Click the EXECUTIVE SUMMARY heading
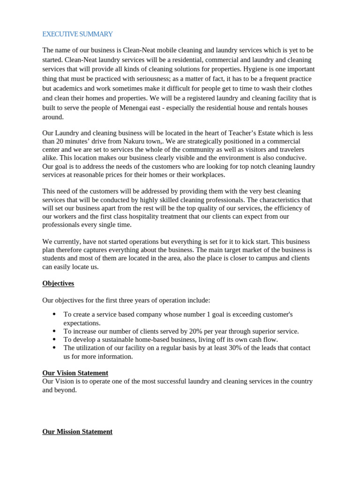point(77,34)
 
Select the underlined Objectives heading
point(58,283)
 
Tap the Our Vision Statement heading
point(75,373)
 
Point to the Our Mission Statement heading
point(77,431)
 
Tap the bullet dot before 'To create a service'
point(54,314)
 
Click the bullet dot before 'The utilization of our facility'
point(54,348)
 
